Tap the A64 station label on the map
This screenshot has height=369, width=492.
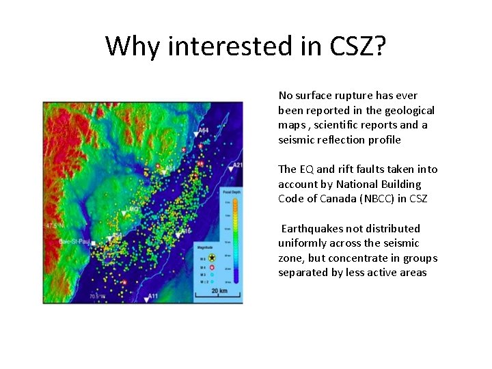(203, 130)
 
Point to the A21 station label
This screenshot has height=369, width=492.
(236, 165)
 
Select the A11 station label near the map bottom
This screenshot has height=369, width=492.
(154, 297)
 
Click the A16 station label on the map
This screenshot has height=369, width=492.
(186, 232)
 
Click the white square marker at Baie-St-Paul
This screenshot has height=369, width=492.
(94, 241)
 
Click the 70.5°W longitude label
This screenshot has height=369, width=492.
(98, 297)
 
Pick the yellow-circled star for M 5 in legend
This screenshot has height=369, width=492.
(212, 257)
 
